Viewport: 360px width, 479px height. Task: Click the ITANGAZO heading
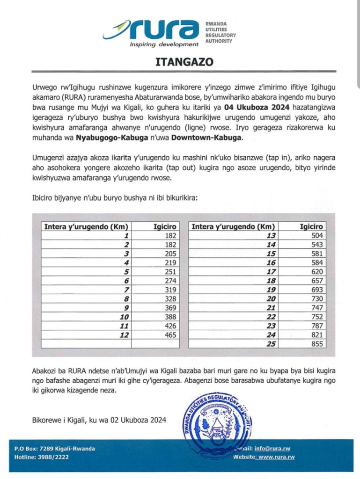pos(180,61)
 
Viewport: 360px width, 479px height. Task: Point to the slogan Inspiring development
pos(164,44)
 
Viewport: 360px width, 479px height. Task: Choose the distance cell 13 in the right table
pos(271,235)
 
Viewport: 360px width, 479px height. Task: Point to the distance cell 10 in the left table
pos(124,316)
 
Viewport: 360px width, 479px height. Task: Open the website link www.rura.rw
pos(277,457)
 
